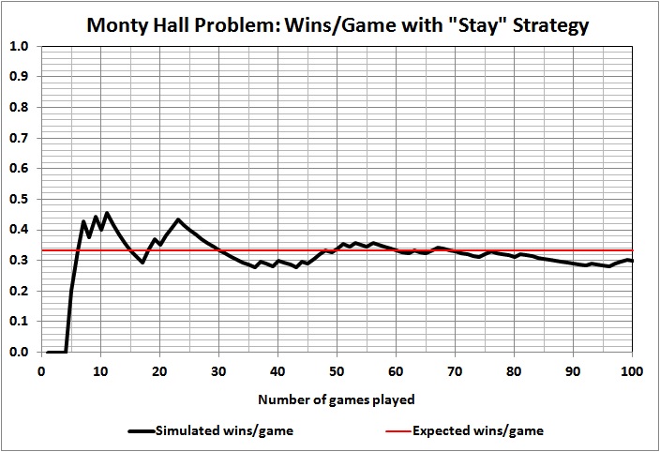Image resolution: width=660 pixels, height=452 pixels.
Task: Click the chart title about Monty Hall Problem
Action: (337, 24)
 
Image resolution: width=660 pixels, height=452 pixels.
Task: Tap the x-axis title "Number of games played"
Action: (337, 399)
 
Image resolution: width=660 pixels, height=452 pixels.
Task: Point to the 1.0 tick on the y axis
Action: (20, 46)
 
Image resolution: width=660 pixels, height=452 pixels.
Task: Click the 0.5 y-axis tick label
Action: (20, 199)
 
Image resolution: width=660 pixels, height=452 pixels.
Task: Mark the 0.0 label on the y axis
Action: (20, 352)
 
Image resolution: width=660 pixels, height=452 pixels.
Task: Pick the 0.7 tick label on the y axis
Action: (20, 138)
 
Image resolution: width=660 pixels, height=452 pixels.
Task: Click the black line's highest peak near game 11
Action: (107, 214)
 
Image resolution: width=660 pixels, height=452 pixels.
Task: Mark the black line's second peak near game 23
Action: (178, 220)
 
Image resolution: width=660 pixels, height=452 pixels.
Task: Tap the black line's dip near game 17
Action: (142, 263)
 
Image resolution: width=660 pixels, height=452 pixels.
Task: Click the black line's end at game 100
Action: (632, 261)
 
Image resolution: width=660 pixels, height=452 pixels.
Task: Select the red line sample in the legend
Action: (400, 431)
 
